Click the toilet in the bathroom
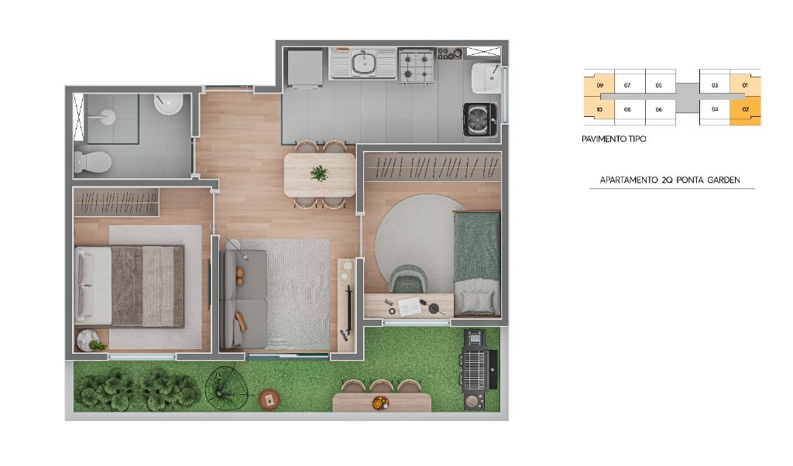coord(93,163)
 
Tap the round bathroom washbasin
coord(168,105)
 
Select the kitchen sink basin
coord(363,63)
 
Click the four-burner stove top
coord(416,65)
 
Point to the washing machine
coord(479,119)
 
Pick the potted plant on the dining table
coord(319,173)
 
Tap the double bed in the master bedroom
coord(129,286)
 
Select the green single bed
coord(477,264)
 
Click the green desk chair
coord(408,279)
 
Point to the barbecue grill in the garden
coord(477,369)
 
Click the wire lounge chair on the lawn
coord(227,388)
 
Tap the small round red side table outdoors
coord(269,399)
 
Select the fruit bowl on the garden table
coord(380,403)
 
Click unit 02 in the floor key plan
coord(745,110)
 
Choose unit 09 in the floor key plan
coord(599,85)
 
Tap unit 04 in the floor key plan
coord(715,109)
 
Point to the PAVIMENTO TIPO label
coord(613,139)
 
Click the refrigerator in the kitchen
coord(304,67)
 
